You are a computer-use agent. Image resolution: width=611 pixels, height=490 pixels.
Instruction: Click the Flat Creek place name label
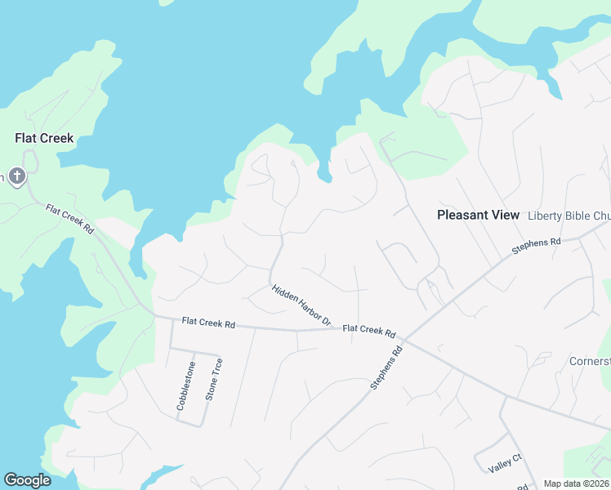click(x=44, y=138)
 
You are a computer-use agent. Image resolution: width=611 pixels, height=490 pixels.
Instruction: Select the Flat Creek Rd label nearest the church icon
click(x=69, y=221)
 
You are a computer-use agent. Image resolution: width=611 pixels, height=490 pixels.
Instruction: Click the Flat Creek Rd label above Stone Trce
click(x=208, y=324)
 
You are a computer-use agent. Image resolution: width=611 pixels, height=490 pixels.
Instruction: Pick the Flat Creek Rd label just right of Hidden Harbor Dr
click(x=369, y=332)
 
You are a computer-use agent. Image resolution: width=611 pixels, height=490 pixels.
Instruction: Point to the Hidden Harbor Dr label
click(x=301, y=306)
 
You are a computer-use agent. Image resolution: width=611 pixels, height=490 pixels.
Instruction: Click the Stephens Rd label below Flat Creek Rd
click(x=387, y=367)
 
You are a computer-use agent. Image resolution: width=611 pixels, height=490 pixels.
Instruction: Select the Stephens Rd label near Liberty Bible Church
click(x=537, y=246)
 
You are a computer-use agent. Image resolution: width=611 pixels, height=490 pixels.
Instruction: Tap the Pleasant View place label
click(x=478, y=216)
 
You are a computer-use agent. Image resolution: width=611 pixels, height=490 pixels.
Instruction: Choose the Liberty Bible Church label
click(x=569, y=216)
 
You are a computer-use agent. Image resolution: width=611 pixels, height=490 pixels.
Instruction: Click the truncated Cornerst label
click(x=590, y=361)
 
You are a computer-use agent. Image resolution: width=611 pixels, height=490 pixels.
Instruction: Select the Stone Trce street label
click(x=213, y=379)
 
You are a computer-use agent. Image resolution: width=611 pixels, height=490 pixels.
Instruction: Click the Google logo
click(x=27, y=480)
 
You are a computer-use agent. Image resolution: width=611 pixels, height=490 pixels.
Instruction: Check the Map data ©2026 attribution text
click(x=576, y=483)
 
